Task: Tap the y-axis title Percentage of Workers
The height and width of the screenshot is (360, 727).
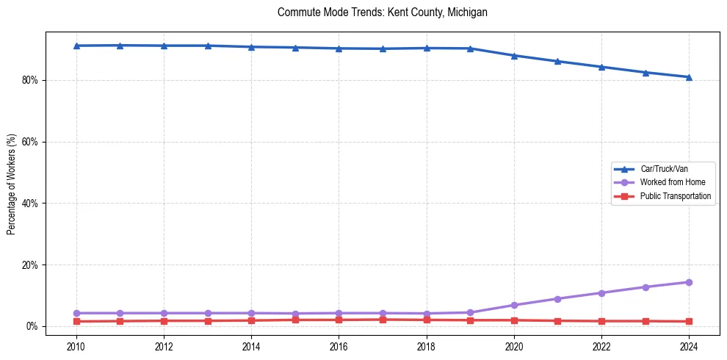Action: click(x=12, y=184)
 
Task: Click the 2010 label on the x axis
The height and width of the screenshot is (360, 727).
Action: click(x=76, y=346)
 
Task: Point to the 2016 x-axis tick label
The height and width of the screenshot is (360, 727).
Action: click(x=339, y=346)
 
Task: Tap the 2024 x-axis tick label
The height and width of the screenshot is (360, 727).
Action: click(x=689, y=346)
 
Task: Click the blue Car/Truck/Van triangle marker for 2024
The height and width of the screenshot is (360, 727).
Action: click(x=689, y=77)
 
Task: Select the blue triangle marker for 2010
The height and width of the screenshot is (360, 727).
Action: click(x=76, y=46)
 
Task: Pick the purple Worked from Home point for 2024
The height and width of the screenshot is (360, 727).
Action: click(x=689, y=282)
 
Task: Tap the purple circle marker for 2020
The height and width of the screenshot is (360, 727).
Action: click(x=514, y=305)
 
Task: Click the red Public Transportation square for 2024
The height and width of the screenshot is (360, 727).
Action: click(x=689, y=321)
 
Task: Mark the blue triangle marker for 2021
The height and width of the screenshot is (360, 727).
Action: click(x=557, y=61)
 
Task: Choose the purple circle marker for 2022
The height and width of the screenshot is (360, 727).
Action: click(x=601, y=293)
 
